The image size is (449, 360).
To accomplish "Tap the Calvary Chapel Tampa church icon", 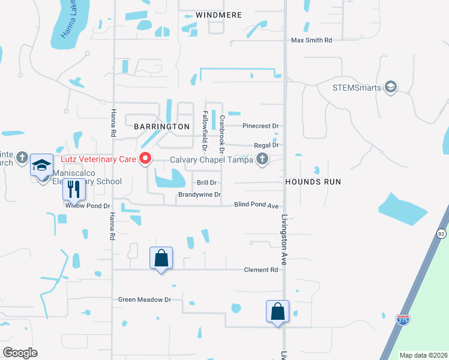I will tap(262, 159).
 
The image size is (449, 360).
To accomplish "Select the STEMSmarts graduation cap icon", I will tap(391, 88).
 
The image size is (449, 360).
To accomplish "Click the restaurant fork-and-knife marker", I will tap(74, 190).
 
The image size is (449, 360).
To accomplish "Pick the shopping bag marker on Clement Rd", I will tap(161, 258).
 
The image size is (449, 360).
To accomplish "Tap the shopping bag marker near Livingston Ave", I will tap(277, 311).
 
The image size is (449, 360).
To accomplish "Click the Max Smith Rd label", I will tap(312, 41).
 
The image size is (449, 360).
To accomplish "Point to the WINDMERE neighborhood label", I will tap(219, 14).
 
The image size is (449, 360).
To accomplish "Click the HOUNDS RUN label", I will tap(313, 181).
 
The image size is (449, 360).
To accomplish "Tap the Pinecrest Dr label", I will tap(261, 126).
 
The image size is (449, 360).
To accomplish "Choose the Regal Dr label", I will tap(267, 145).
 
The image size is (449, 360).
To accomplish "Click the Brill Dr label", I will tap(206, 182).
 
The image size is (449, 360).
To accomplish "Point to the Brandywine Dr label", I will tap(199, 195).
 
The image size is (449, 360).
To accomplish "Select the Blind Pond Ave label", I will tap(256, 205).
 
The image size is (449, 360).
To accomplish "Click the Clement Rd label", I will tap(261, 270).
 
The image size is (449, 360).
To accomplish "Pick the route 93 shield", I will tap(442, 233).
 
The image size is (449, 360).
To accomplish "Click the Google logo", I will tap(20, 353).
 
